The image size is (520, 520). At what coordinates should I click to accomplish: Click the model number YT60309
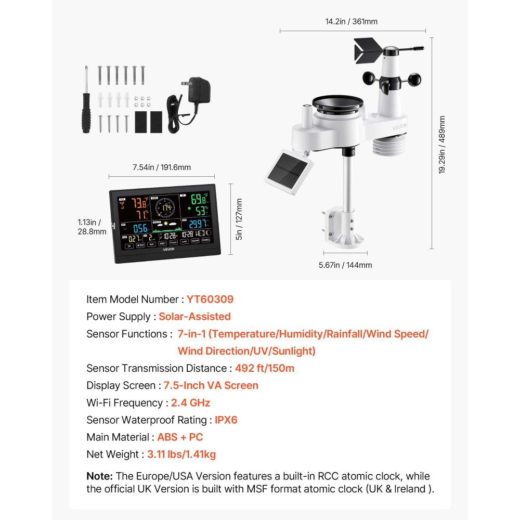tap(210, 300)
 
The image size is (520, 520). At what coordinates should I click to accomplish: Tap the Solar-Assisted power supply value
tap(194, 317)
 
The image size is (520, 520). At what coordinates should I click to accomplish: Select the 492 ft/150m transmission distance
tap(265, 368)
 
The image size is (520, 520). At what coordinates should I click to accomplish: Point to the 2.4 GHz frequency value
tap(190, 402)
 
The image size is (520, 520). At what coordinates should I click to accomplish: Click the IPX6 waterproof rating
tap(226, 420)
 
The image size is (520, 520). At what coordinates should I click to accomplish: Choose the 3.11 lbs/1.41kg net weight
tap(181, 454)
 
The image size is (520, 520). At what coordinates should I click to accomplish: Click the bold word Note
tap(99, 476)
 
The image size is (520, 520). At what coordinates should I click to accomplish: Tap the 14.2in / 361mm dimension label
tap(352, 22)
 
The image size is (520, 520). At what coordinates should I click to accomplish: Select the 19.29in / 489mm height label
tap(442, 144)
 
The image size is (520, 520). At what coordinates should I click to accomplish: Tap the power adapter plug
tap(196, 90)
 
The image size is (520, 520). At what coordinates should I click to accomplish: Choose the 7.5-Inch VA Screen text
tap(211, 385)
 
